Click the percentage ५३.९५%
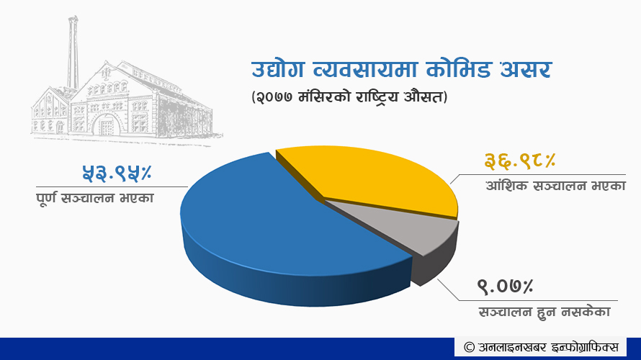(117, 173)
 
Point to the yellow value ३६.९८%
(520, 161)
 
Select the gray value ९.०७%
(506, 286)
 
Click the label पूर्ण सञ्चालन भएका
(95, 199)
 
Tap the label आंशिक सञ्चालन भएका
(555, 186)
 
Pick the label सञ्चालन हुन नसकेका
(544, 312)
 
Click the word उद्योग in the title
(277, 69)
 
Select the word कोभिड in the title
(458, 69)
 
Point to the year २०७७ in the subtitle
(274, 98)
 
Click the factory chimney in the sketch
(73, 53)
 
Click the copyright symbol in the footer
(469, 347)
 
